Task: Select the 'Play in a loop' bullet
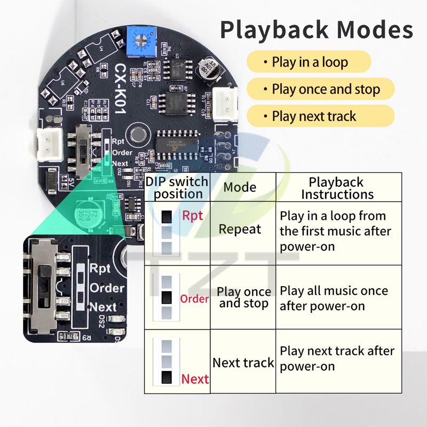point(309,62)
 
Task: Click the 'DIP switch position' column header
point(178,187)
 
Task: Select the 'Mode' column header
point(240,187)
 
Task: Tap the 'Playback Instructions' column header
point(337,187)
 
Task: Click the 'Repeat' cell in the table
point(240,230)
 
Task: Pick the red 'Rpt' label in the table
point(193,216)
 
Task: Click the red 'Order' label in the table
point(194,299)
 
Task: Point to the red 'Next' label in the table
point(195,379)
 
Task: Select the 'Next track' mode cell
point(243,363)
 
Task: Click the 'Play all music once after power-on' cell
point(334,298)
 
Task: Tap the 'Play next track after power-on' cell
point(337,358)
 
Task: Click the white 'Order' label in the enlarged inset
point(107,288)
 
